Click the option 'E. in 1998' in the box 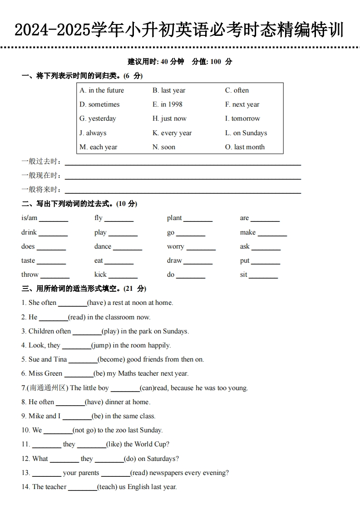click(x=167, y=104)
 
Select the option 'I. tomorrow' click(x=242, y=118)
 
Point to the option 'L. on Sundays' click(x=246, y=133)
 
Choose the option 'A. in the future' click(x=102, y=90)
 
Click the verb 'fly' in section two click(x=99, y=218)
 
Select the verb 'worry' click(x=175, y=247)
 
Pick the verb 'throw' click(x=30, y=274)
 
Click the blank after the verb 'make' click(x=272, y=235)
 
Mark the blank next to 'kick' click(x=123, y=277)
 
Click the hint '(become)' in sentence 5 click(x=111, y=359)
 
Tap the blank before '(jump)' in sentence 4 click(x=76, y=347)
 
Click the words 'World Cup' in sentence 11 click(x=150, y=444)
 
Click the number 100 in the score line click(x=216, y=62)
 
